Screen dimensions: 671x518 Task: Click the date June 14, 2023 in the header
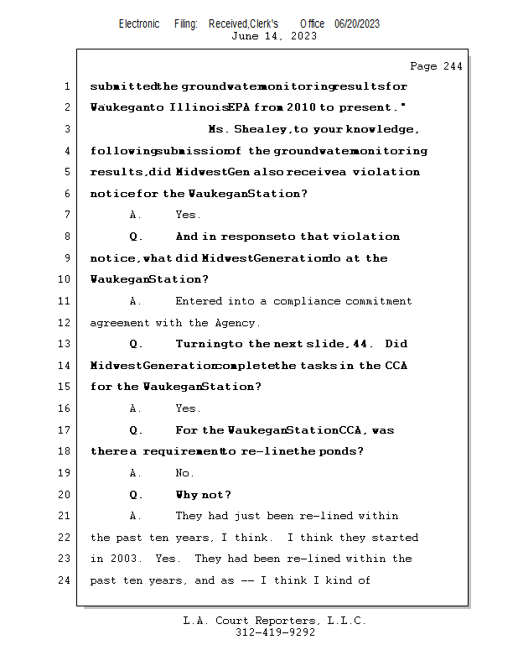point(273,36)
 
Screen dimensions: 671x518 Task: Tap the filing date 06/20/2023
point(357,23)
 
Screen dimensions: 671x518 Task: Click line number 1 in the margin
point(67,86)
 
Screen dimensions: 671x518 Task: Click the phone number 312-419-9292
point(275,632)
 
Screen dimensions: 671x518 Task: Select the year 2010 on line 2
point(301,107)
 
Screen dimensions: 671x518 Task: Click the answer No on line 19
point(184,473)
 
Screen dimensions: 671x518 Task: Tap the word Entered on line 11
point(199,301)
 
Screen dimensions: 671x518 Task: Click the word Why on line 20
point(188,494)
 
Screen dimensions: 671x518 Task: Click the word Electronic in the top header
point(139,23)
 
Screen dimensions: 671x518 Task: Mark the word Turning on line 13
point(199,344)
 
